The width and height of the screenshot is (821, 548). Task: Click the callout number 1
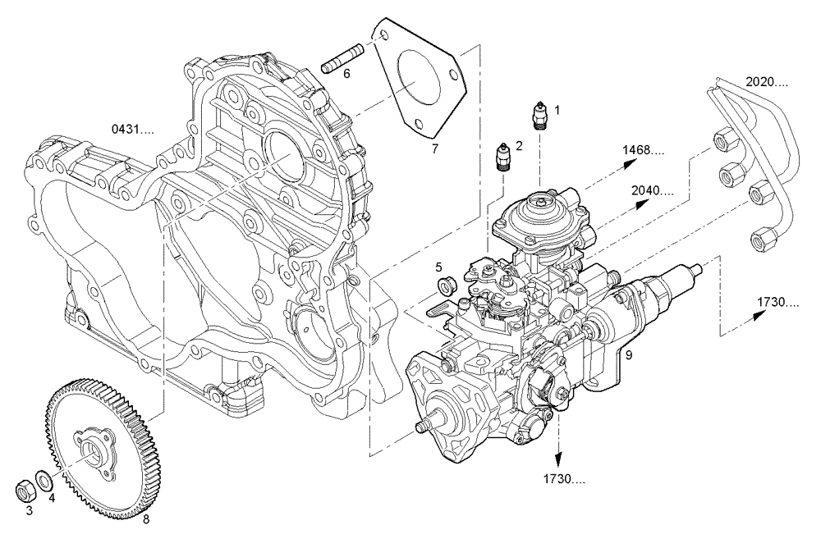click(557, 108)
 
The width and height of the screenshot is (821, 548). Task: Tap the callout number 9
click(627, 355)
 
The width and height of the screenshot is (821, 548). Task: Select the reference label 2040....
click(653, 190)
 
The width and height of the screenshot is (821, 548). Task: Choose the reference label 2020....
click(767, 82)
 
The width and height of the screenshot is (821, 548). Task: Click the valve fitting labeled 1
click(539, 116)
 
